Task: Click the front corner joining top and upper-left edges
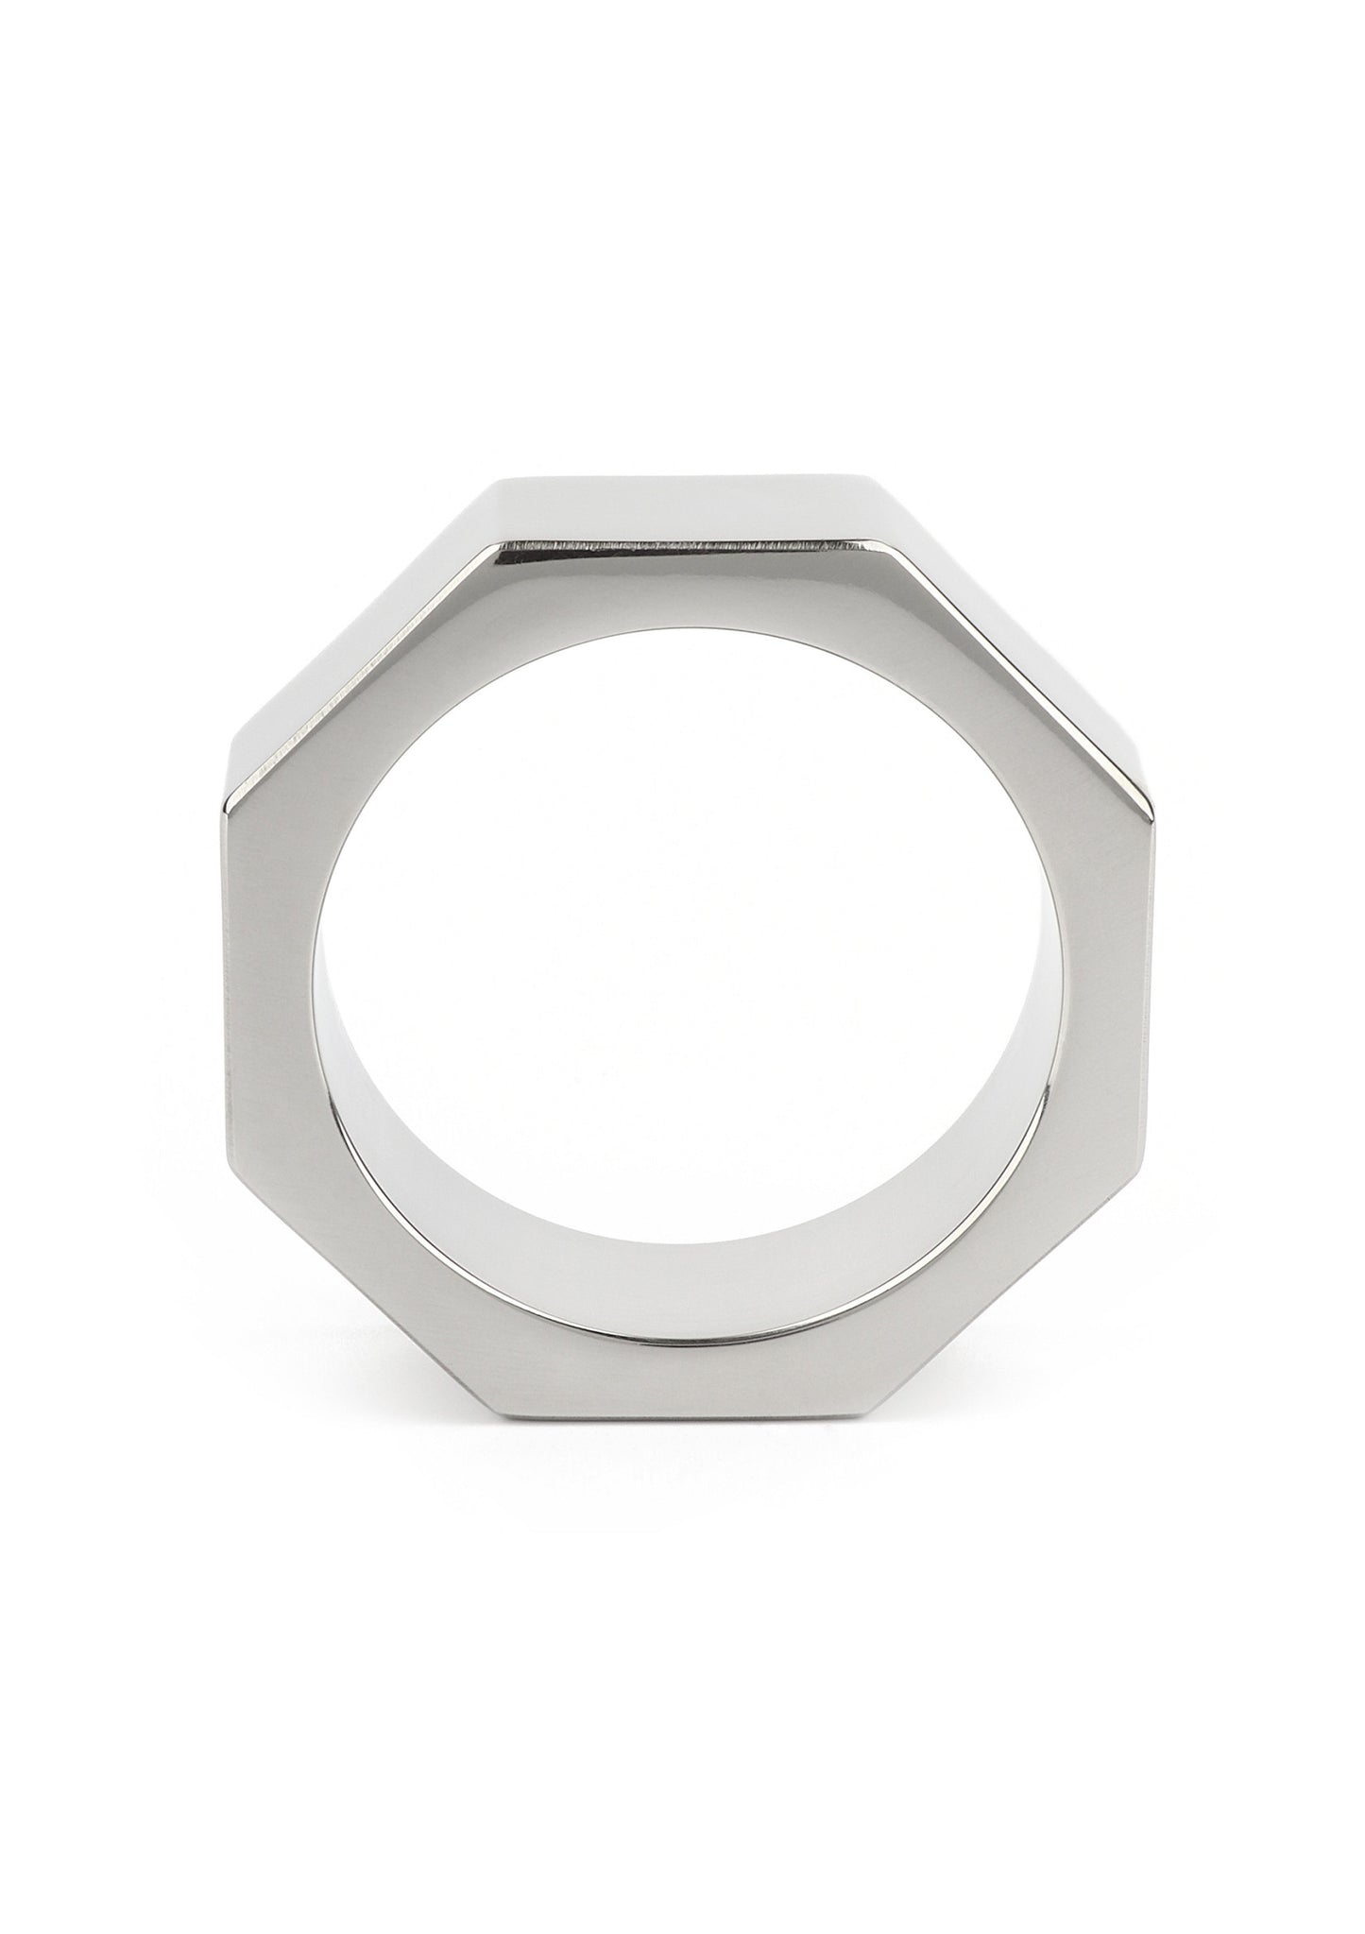coord(488,547)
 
